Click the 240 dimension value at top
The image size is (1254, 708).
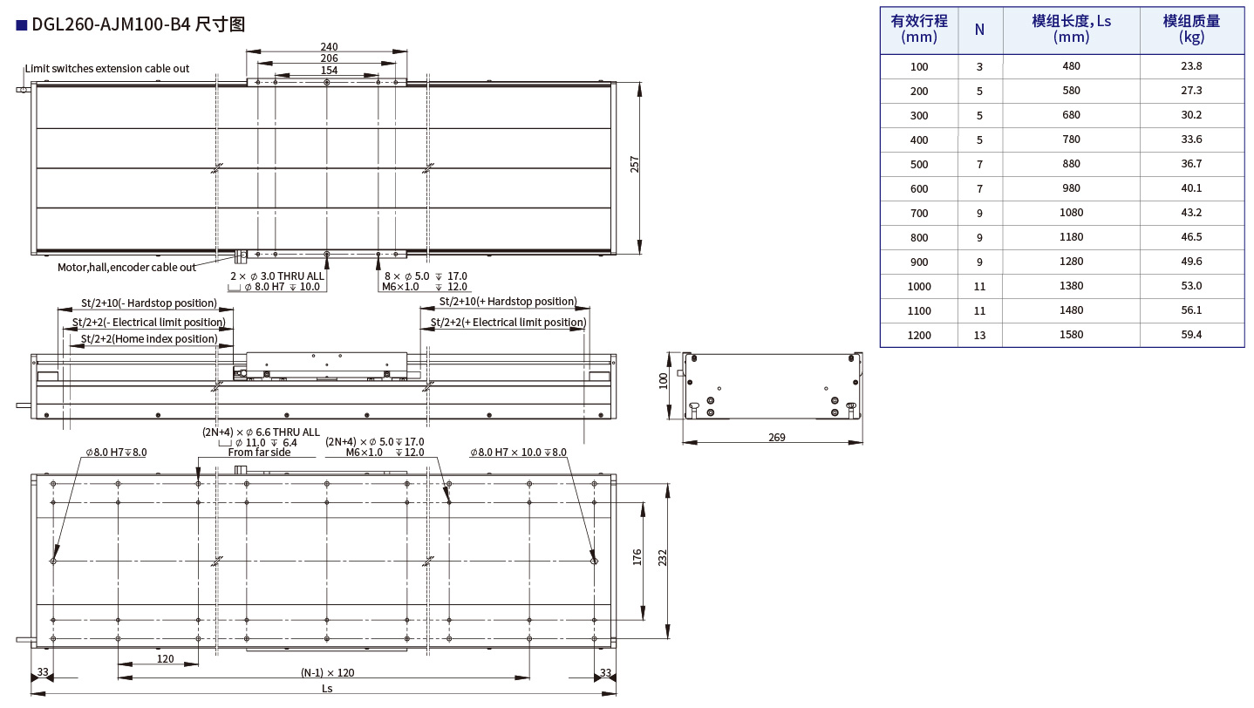[x=329, y=47]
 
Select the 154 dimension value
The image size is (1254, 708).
[x=329, y=71]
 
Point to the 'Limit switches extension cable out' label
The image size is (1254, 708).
[x=107, y=69]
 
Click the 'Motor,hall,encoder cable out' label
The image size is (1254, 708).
[x=127, y=268]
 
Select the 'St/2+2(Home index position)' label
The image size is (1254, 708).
[x=149, y=339]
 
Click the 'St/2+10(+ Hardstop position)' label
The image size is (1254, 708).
[x=508, y=302]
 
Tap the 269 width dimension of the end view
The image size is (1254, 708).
[x=777, y=437]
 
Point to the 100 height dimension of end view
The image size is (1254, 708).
[x=664, y=379]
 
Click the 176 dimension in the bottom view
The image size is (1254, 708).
[x=637, y=558]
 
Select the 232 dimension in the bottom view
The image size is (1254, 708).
[x=663, y=558]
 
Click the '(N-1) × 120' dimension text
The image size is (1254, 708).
[x=328, y=672]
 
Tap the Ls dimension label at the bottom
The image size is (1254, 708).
[x=327, y=688]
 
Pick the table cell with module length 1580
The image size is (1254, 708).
[x=1071, y=335]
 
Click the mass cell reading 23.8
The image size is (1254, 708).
[x=1191, y=66]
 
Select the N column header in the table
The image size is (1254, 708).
[x=979, y=30]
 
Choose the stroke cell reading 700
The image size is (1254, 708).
[x=919, y=213]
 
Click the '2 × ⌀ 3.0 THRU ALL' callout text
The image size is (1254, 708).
[x=276, y=276]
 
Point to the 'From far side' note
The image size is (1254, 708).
[x=259, y=453]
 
